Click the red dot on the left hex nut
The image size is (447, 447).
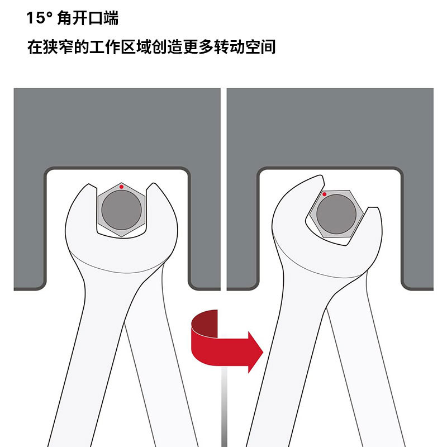(121, 187)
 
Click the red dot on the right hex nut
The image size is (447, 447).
(324, 194)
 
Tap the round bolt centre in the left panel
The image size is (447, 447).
(121, 210)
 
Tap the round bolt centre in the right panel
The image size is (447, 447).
(336, 214)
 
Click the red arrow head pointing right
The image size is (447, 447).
(255, 352)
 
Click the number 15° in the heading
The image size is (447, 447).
(39, 18)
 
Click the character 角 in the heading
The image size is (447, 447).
(64, 18)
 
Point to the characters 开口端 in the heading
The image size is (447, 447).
(96, 18)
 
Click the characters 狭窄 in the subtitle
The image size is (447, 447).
(58, 47)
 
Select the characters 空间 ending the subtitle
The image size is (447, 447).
(260, 47)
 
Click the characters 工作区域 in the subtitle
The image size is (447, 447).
(120, 47)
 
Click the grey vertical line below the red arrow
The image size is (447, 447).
(225, 406)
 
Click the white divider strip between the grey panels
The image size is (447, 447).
(223, 189)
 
